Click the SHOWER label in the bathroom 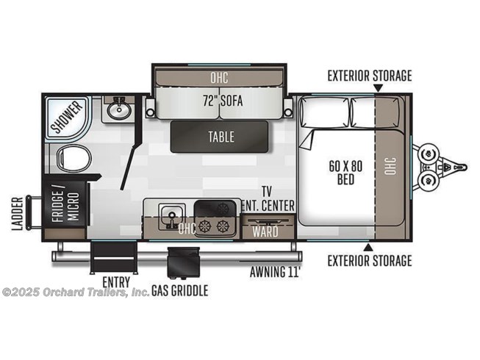66,117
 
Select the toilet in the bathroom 74,158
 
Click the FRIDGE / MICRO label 65,206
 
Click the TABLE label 221,137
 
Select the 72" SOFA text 223,101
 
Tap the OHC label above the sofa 219,78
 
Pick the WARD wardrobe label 265,231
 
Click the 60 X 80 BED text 345,173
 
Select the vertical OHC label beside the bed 390,166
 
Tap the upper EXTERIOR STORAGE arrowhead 379,88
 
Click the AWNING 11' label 274,272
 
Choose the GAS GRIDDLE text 180,290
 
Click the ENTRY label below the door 116,281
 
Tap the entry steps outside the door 114,257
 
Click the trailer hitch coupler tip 465,168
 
